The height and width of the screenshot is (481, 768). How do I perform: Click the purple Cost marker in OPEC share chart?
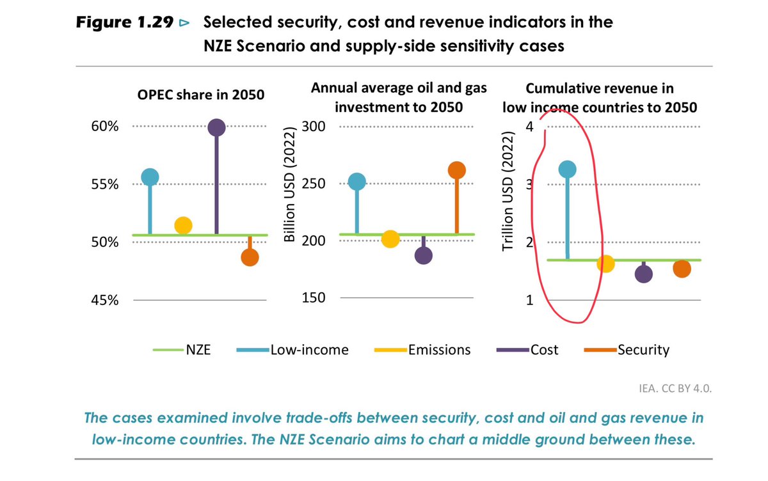(x=216, y=128)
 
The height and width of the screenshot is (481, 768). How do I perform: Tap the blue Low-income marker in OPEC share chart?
(x=150, y=177)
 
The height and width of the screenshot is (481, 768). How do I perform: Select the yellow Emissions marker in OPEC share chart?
(x=183, y=225)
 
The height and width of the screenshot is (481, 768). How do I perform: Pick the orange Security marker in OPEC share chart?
(x=250, y=258)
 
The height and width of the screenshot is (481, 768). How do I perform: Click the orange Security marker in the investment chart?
(x=456, y=170)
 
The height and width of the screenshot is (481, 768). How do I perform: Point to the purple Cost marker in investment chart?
(x=424, y=255)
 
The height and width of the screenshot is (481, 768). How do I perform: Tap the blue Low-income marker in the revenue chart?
(x=567, y=169)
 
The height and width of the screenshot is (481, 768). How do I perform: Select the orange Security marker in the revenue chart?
(x=682, y=269)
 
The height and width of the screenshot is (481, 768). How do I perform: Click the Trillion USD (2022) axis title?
(x=509, y=192)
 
